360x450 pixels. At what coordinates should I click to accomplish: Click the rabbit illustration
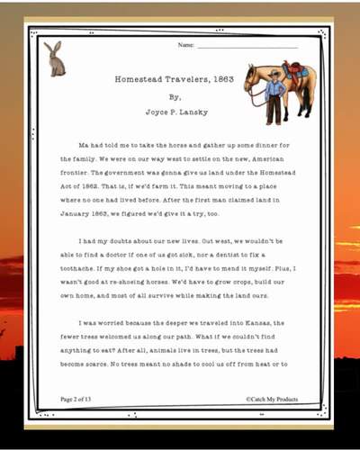pos(54,58)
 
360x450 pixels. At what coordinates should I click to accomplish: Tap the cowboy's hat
pos(275,71)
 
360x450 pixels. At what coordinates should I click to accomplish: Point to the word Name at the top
pos(185,44)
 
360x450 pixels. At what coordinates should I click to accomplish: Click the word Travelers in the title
pos(179,79)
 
